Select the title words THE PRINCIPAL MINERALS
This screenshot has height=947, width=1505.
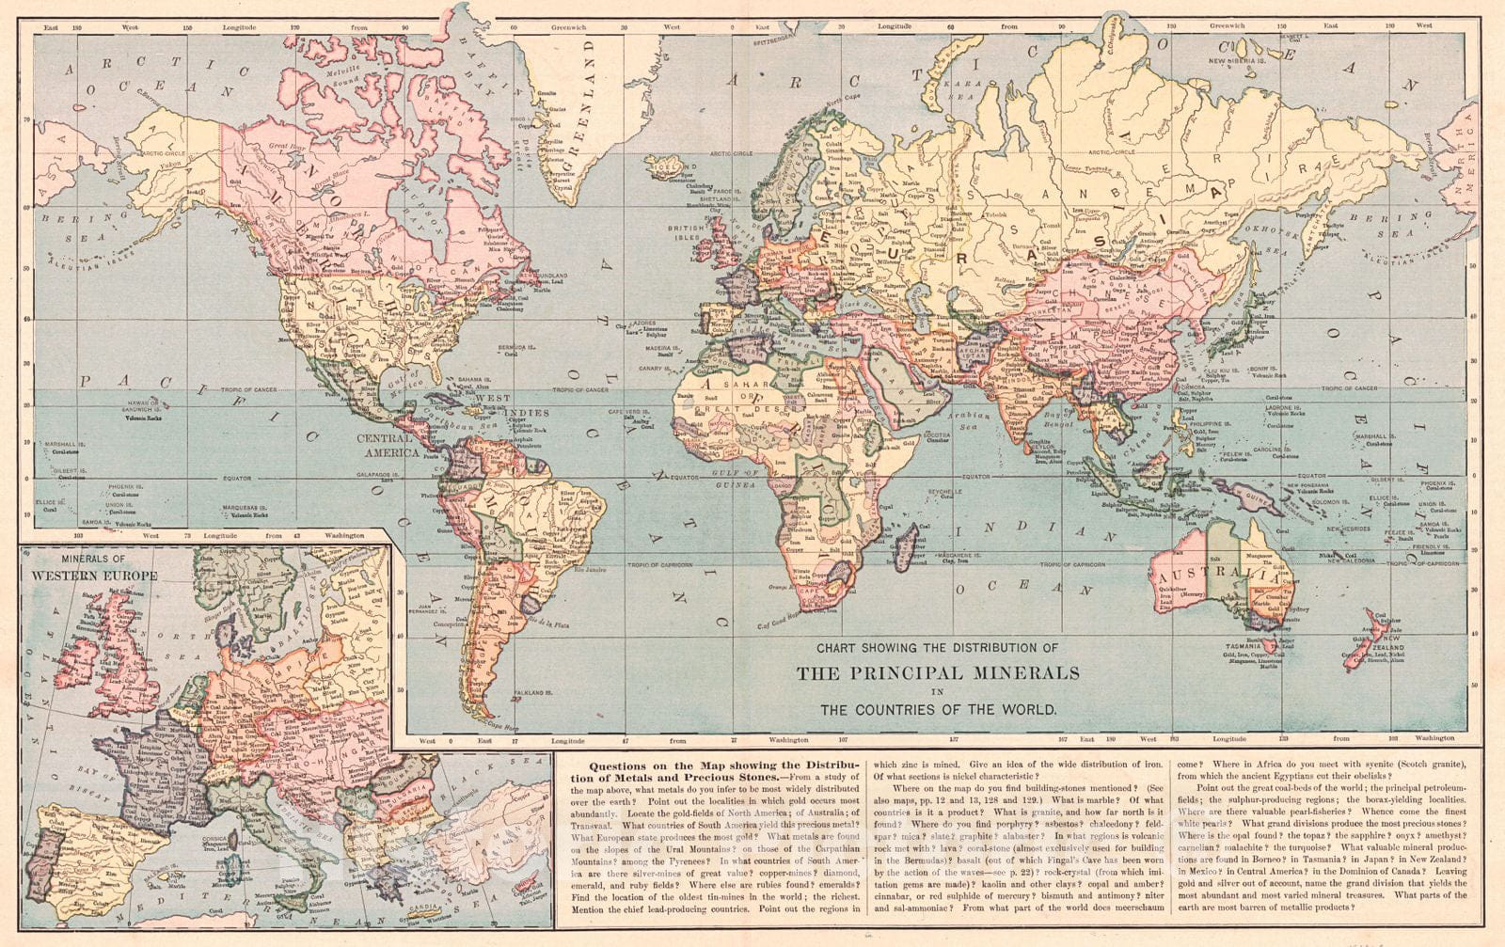tap(939, 673)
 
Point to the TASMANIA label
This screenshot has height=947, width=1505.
tap(1244, 645)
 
